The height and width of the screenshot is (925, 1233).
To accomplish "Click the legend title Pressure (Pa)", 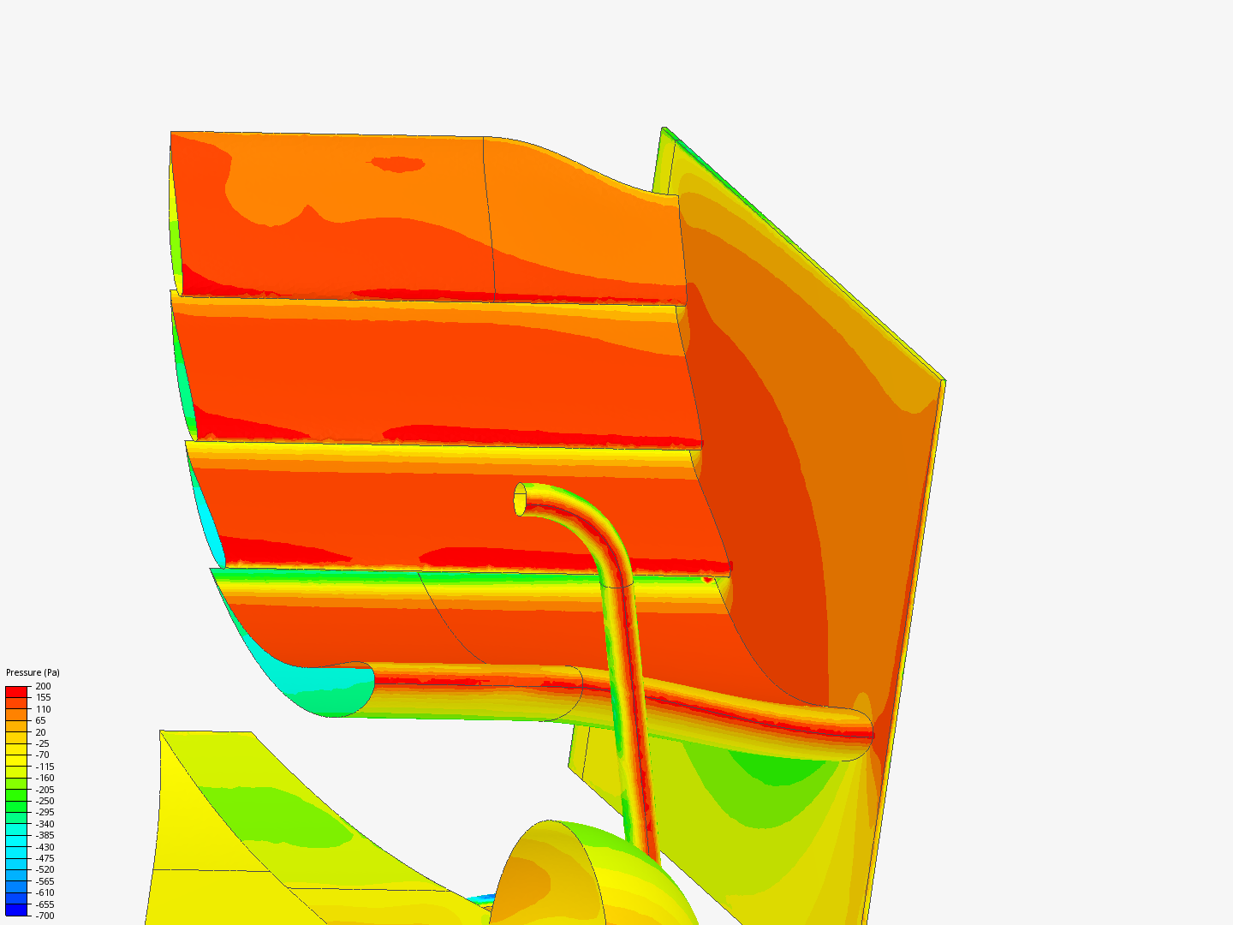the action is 33,672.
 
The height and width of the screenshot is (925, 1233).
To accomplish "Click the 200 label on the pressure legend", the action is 44,686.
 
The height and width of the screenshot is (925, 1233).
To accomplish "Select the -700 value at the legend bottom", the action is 45,916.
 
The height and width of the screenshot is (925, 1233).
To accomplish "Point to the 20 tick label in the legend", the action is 40,732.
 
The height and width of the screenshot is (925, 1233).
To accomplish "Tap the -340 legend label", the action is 45,824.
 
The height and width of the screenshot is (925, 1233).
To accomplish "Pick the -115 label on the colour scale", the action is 45,767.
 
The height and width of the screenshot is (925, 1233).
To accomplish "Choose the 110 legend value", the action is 44,709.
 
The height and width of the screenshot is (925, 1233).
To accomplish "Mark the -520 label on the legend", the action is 45,869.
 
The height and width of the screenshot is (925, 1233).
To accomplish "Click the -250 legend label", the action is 45,801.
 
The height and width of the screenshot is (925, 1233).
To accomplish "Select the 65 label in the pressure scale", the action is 40,720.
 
